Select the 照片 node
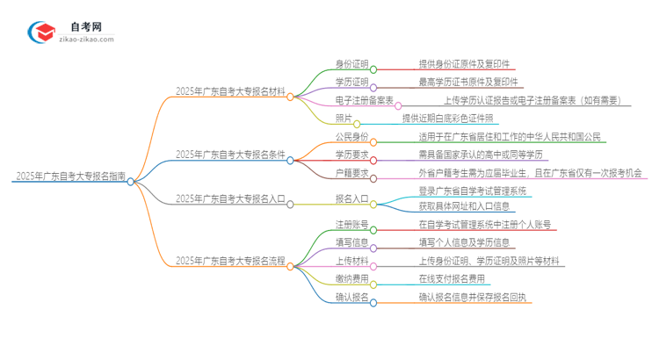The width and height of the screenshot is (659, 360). (x=344, y=118)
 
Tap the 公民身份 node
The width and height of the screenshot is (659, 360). (x=351, y=137)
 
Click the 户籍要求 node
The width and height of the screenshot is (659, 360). (x=351, y=172)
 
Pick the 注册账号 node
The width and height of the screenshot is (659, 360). (x=351, y=226)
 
